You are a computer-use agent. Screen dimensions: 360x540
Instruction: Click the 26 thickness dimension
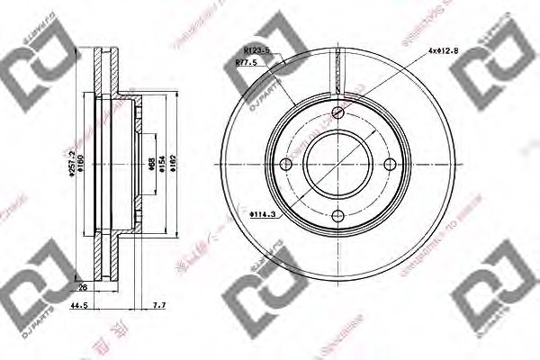(84, 289)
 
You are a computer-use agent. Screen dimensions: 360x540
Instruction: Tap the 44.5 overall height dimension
(80, 306)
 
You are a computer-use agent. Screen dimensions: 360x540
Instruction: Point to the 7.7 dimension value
(159, 306)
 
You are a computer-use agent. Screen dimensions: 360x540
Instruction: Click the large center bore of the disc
(337, 164)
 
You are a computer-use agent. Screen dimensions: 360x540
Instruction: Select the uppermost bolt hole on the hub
(337, 112)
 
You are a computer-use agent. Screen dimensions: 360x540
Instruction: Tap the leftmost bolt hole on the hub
(286, 164)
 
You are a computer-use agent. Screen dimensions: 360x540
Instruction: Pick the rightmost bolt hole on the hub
(389, 164)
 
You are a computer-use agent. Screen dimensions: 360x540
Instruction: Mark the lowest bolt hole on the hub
(337, 215)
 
